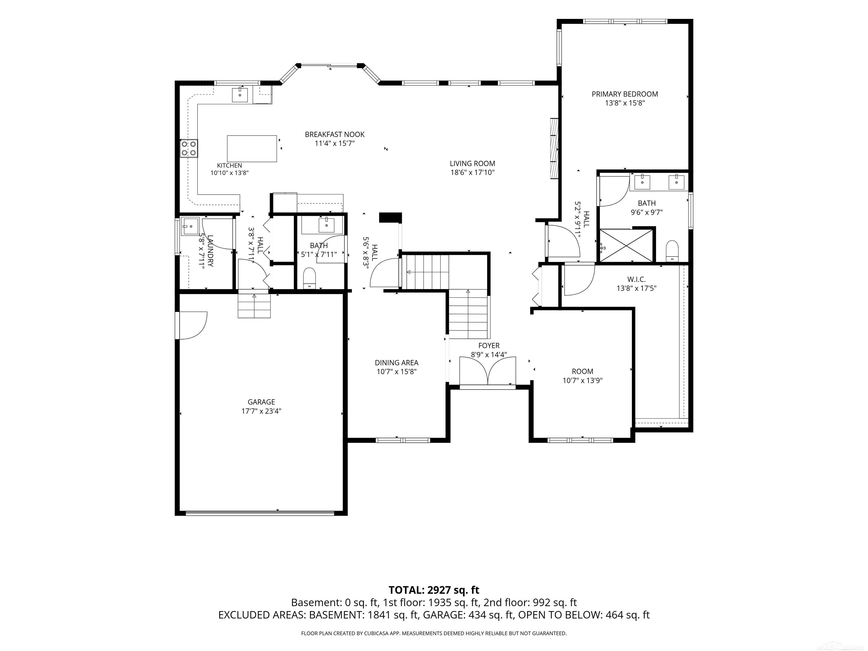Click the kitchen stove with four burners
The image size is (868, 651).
pos(189,148)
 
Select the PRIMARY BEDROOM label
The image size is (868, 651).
pos(625,94)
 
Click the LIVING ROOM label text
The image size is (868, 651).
pos(472,164)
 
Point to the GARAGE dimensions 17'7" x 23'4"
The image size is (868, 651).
pos(261,411)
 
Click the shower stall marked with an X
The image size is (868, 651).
pos(626,245)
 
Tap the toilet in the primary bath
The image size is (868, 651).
pos(672,250)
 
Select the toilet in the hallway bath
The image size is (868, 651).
pos(310,278)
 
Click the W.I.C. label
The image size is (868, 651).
pos(636,279)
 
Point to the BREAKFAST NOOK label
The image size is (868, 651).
pos(335,134)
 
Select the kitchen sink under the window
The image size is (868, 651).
pos(240,95)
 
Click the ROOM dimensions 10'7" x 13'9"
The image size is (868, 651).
pos(583,380)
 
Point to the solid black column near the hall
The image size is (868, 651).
pos(391,217)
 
